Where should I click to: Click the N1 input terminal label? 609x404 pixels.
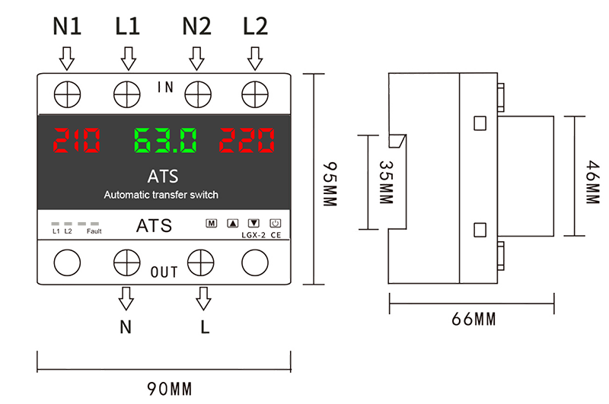coord(67,27)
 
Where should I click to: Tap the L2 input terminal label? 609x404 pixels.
coord(255,27)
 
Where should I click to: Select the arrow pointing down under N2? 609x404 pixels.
coord(197,59)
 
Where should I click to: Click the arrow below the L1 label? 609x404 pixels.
coord(128,59)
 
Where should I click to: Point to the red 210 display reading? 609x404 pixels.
coord(77,140)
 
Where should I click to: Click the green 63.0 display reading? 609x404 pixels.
coord(165,140)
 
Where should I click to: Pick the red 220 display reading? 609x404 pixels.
coord(247,140)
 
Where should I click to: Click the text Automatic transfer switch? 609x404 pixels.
coord(161,195)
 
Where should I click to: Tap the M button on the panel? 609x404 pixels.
coord(212,223)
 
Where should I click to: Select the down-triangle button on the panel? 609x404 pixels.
coord(253,223)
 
